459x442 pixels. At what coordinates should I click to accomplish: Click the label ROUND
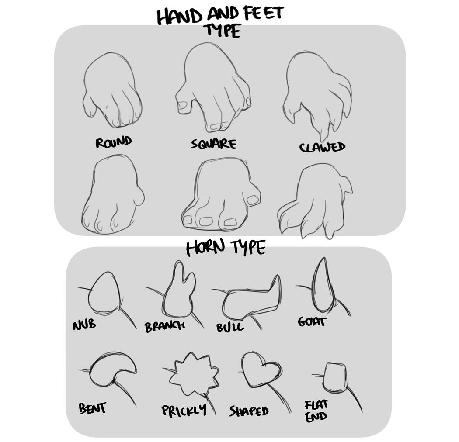tap(114, 142)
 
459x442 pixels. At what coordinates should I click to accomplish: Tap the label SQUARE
tap(213, 144)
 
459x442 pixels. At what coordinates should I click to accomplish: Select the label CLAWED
tap(322, 147)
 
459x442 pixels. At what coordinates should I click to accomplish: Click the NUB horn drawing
tap(104, 293)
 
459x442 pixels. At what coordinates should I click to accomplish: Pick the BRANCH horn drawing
tap(178, 293)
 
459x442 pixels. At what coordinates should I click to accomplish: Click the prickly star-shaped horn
tap(193, 373)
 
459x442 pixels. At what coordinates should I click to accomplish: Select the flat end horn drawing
tap(335, 377)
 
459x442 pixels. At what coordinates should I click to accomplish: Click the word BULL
tap(230, 327)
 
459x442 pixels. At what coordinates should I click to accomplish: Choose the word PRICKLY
tap(184, 411)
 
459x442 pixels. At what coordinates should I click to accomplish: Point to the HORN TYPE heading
tap(226, 248)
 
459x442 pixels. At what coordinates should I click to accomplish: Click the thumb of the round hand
tap(89, 106)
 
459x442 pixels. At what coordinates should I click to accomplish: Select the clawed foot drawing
tap(315, 201)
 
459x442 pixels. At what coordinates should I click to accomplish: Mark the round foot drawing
tap(112, 194)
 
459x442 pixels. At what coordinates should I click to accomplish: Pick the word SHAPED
tap(249, 411)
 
